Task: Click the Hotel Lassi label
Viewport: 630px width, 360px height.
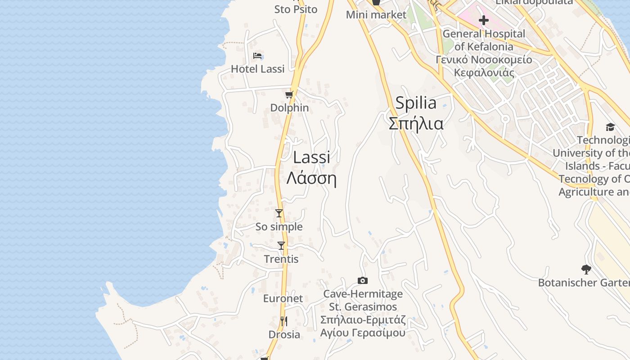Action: point(257,69)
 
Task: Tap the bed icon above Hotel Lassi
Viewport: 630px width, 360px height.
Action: point(257,56)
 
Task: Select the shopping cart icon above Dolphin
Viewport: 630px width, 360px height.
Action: point(289,94)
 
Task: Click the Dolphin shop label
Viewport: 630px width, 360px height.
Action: point(289,108)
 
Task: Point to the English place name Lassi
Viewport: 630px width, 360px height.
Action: point(311,157)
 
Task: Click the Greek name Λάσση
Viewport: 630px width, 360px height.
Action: point(311,179)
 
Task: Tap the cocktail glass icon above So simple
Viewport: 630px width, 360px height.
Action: point(279,213)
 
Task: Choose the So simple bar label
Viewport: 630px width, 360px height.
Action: point(279,227)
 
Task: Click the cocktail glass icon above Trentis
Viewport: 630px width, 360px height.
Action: point(281,246)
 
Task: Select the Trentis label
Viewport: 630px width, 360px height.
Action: point(281,259)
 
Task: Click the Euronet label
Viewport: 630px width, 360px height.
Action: point(283,298)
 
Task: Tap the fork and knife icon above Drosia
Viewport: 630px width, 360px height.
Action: point(284,321)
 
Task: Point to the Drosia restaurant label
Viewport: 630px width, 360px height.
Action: point(284,334)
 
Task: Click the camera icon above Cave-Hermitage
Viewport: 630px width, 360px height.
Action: point(363,281)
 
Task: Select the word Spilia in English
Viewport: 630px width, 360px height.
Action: point(416,103)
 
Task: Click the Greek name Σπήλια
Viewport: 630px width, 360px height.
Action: point(416,123)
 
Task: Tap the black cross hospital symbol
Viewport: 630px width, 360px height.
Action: point(484,20)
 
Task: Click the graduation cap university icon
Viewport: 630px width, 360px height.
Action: point(610,127)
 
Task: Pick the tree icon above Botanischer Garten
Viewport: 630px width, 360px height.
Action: point(586,270)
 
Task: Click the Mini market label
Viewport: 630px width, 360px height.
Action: point(376,15)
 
